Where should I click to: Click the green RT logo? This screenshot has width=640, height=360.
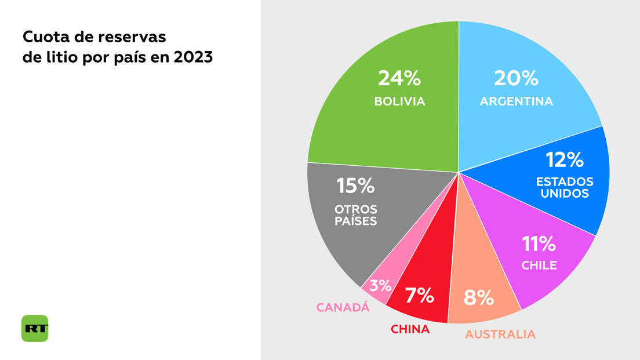35,328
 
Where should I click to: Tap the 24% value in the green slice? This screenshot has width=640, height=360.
399,79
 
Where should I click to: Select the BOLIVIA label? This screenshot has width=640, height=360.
399,101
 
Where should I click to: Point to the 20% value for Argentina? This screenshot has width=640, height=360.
515,79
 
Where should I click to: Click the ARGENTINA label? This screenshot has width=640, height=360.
516,101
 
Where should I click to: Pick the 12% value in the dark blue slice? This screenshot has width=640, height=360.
565,159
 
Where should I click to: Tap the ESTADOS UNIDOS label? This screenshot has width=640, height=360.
565,187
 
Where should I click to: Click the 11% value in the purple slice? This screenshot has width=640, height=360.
539,245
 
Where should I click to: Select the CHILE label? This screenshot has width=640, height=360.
539,266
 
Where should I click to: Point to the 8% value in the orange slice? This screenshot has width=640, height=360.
479,298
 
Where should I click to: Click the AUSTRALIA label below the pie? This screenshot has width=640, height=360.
500,334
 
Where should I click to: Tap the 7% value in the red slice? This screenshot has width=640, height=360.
419,296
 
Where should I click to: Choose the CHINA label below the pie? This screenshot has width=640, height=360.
410,330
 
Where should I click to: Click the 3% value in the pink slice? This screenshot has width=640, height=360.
380,285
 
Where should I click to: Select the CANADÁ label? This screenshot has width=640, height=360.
343,308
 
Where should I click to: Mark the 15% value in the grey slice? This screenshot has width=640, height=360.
355,186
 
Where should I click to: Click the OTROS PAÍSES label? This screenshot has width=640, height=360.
355,214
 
